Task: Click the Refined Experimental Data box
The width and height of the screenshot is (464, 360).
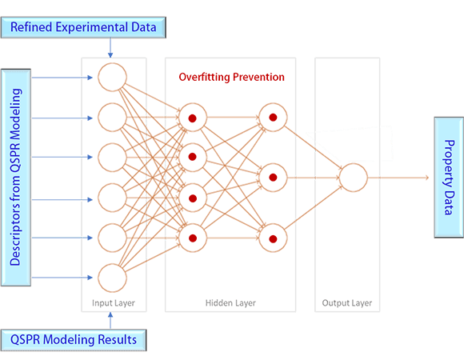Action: click(x=83, y=28)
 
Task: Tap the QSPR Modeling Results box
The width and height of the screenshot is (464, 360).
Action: click(x=74, y=339)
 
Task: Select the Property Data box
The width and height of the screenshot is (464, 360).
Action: click(x=448, y=177)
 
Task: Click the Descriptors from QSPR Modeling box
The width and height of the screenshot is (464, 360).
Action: click(x=16, y=177)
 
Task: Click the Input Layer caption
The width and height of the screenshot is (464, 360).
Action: click(x=113, y=304)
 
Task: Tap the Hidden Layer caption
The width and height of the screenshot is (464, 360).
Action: click(x=230, y=304)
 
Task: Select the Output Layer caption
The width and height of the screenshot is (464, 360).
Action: click(x=346, y=304)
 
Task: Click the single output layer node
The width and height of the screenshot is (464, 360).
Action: click(x=353, y=177)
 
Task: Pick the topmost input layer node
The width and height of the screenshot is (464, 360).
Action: click(x=112, y=78)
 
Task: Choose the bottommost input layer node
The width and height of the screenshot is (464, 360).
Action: click(x=112, y=278)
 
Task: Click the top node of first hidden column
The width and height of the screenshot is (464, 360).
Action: click(x=193, y=118)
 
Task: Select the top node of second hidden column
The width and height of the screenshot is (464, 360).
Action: click(x=273, y=118)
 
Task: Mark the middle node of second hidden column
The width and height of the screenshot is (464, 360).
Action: click(x=273, y=177)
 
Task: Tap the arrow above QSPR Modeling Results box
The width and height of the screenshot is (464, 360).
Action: click(x=110, y=320)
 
